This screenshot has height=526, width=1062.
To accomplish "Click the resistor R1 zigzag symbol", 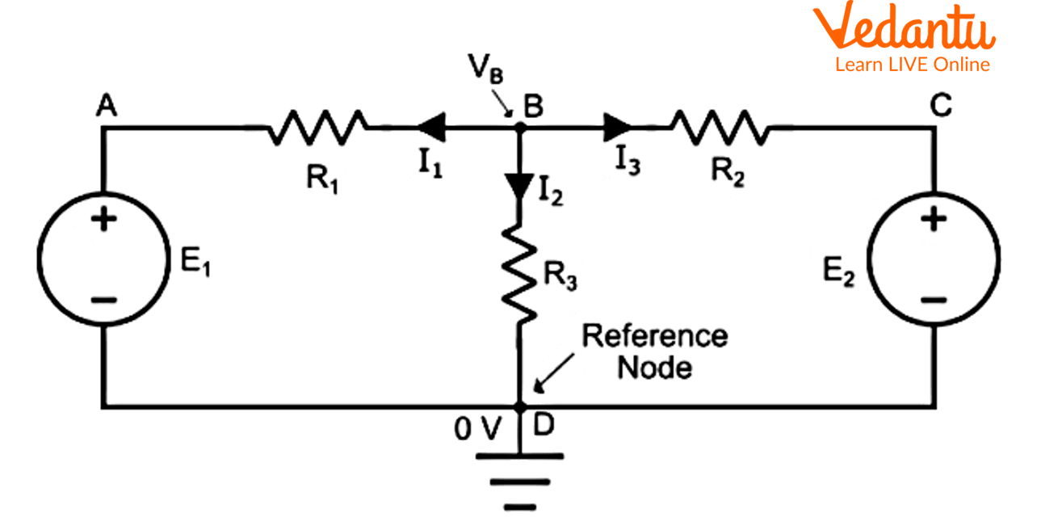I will [x=317, y=128].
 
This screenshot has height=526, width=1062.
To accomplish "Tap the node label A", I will [x=106, y=106].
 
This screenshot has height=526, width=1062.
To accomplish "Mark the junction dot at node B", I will [x=518, y=127].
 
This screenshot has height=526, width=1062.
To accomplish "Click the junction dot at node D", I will [x=518, y=406].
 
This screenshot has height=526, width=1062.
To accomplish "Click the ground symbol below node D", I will [x=518, y=481].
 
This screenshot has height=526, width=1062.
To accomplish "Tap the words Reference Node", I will [x=654, y=351].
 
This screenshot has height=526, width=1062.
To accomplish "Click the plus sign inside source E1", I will [x=103, y=221].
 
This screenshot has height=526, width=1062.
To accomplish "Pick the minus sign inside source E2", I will [x=934, y=301].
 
